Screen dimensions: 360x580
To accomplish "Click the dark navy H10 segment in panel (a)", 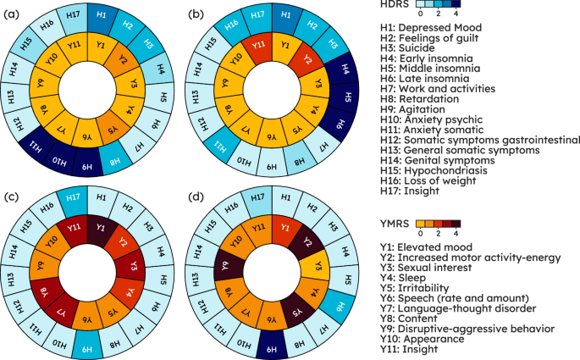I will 59,162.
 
